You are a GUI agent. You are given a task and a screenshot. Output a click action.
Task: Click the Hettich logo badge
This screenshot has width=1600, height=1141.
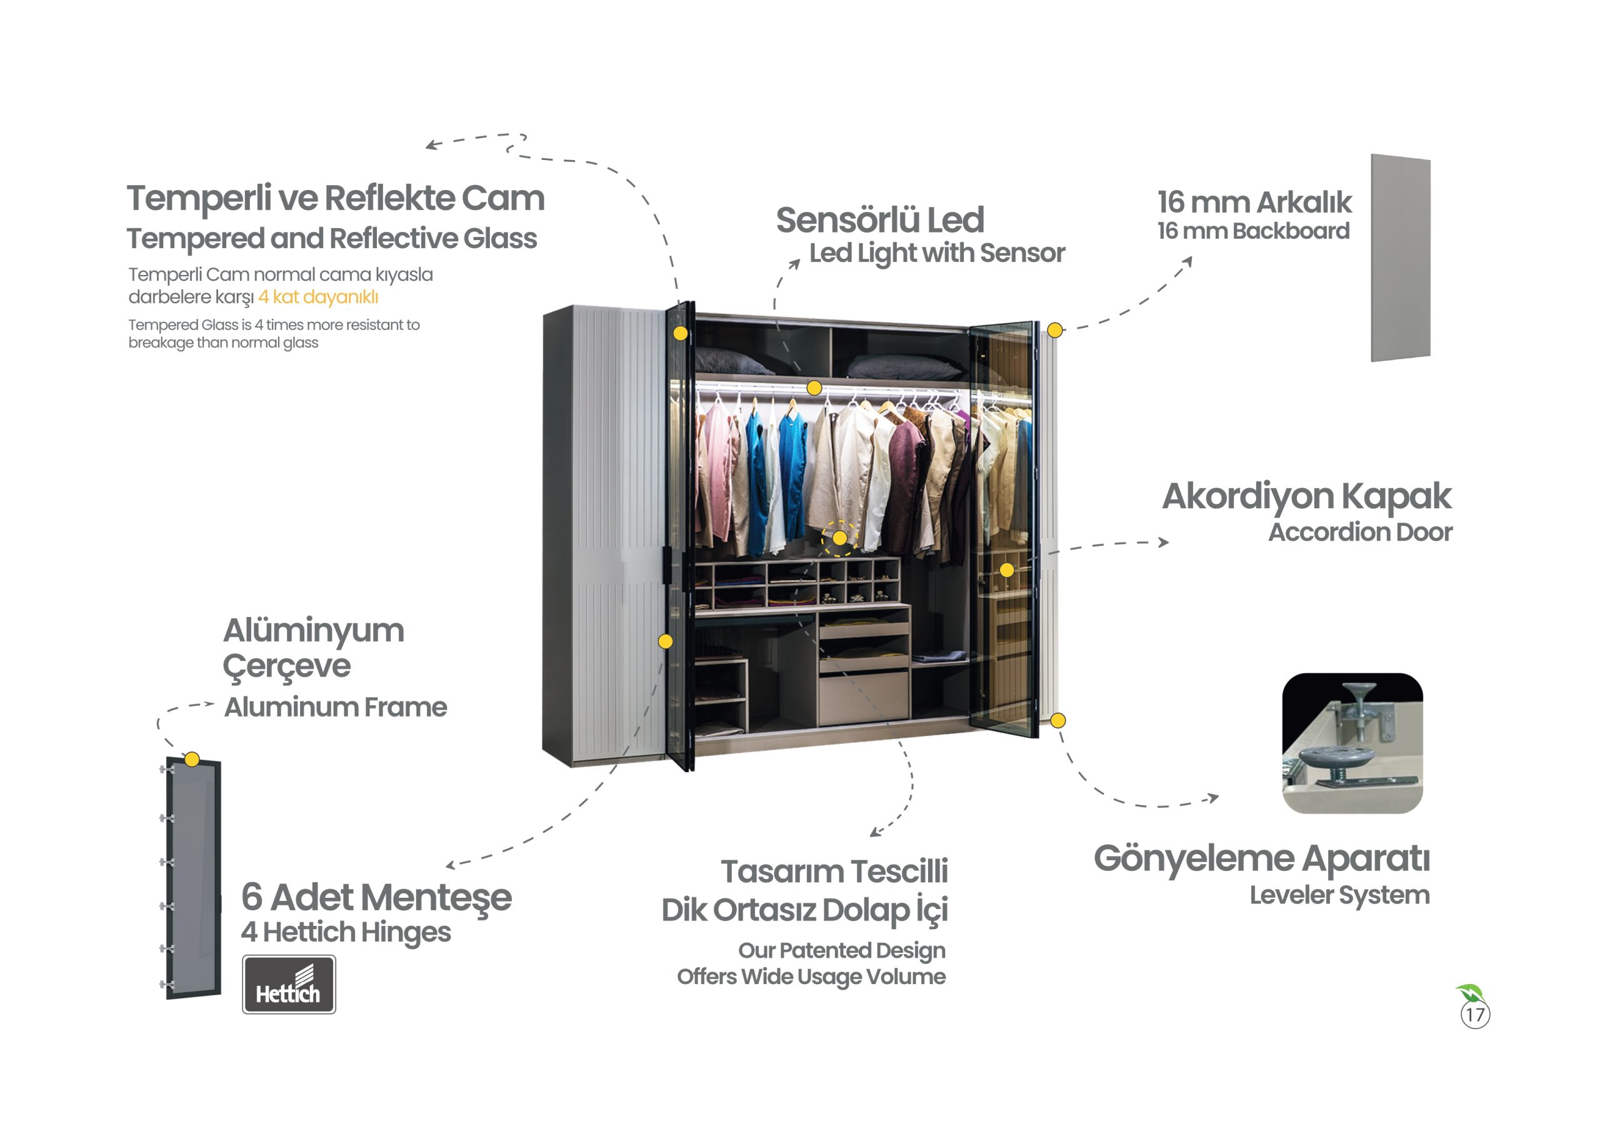coord(289,983)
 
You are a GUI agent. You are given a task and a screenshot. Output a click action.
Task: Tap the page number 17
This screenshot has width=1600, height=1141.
coord(1474,1015)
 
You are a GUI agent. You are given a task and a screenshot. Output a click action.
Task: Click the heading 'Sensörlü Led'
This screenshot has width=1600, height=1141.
coord(879,220)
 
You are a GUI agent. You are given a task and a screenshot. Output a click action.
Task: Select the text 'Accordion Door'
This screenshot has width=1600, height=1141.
coord(1360,532)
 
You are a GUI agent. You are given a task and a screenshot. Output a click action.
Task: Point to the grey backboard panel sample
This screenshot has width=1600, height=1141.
coord(1401,258)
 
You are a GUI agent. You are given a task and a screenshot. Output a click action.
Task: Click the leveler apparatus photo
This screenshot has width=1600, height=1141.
coord(1352,743)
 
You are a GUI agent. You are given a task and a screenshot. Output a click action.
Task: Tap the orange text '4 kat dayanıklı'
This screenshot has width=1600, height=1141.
coord(318,297)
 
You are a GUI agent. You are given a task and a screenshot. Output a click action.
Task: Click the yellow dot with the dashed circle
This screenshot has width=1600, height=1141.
coord(839,538)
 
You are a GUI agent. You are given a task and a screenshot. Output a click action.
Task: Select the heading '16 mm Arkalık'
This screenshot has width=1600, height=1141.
coord(1254,202)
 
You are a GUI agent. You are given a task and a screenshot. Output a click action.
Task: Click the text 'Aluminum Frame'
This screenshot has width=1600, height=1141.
coord(335,707)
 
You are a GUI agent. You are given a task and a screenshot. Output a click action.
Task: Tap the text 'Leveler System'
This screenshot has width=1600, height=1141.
coord(1339,895)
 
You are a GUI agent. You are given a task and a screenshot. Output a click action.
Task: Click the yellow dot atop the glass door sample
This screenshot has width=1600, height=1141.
coord(192,759)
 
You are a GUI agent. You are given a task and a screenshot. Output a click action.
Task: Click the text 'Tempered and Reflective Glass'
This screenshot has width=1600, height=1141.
coord(331,238)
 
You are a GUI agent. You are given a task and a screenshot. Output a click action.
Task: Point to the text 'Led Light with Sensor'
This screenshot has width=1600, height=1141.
coord(937,253)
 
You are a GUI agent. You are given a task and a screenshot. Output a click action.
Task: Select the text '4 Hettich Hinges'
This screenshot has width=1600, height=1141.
coord(346,932)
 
